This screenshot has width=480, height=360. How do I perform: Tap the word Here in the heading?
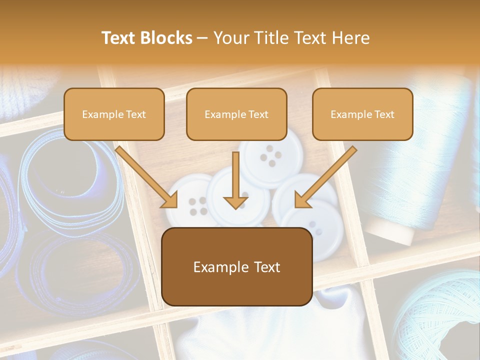pos(351,38)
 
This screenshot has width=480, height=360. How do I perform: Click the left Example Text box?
pos(114,114)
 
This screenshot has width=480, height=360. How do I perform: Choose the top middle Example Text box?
pos(236,114)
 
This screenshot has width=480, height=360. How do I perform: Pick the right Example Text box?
pos(362,114)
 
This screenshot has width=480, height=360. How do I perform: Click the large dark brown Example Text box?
pos(237,267)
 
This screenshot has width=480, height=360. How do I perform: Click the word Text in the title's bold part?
pos(118,38)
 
